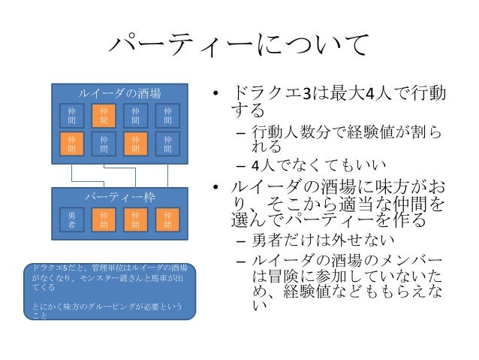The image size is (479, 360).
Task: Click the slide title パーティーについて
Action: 239,47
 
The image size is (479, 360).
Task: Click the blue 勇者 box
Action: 71,219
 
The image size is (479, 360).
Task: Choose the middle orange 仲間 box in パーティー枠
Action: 135,219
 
